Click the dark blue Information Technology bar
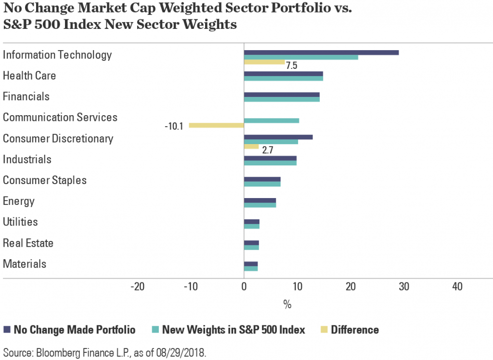pyautogui.click(x=321, y=52)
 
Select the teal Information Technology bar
pyautogui.click(x=301, y=57)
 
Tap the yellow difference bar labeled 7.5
pyautogui.click(x=264, y=62)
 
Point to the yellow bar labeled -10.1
pyautogui.click(x=216, y=125)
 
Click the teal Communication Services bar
pyautogui.click(x=272, y=120)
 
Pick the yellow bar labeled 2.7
pyautogui.click(x=251, y=146)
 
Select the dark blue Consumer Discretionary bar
pyautogui.click(x=278, y=137)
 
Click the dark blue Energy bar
pyautogui.click(x=260, y=200)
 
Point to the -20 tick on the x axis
pyautogui.click(x=138, y=287)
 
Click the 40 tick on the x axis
pyautogui.click(x=457, y=287)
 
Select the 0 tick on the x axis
pyautogui.click(x=244, y=287)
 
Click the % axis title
pyautogui.click(x=287, y=305)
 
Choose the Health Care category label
pyautogui.click(x=29, y=76)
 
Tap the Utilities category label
pyautogui.click(x=27, y=222)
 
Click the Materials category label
pyautogui.click(x=25, y=264)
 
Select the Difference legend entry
pyautogui.click(x=355, y=330)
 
